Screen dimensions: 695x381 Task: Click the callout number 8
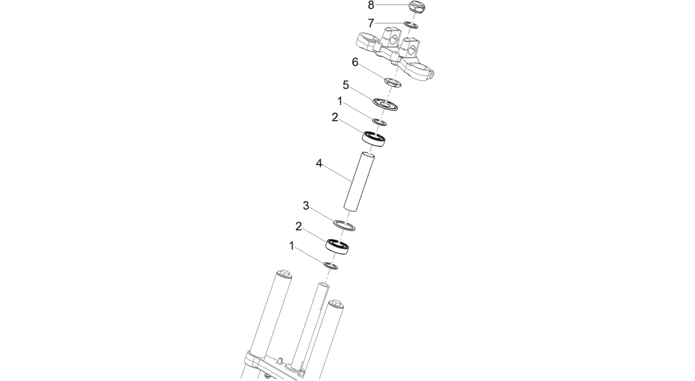point(371,5)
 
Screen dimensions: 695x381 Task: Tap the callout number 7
point(371,23)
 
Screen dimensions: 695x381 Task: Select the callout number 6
point(355,63)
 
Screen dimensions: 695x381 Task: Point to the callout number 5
point(346,85)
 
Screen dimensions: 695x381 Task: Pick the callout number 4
point(319,164)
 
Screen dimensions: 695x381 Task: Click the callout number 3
point(306,206)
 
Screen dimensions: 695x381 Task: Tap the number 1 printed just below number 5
point(340,101)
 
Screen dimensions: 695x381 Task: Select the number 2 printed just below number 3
point(299,226)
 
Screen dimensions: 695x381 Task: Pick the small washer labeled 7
point(411,25)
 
